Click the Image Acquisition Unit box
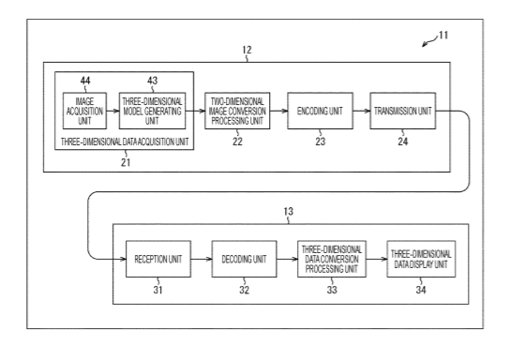point(84,111)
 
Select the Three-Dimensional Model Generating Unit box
point(152,111)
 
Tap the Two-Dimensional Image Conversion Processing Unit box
point(237,111)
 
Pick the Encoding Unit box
point(320,111)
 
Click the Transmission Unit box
point(403,111)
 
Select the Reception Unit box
point(158,259)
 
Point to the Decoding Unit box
point(245,259)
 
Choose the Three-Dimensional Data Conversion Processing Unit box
point(332,259)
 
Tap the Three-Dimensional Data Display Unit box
point(421,259)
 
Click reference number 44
point(85,81)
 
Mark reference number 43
point(152,81)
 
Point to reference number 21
point(126,162)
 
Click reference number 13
point(288,211)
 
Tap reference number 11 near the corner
point(443,35)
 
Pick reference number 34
point(421,290)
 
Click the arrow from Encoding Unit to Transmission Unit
point(362,111)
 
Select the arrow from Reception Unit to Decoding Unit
point(202,259)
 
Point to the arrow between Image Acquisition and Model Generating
point(112,111)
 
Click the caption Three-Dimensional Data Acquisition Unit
point(125,142)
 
